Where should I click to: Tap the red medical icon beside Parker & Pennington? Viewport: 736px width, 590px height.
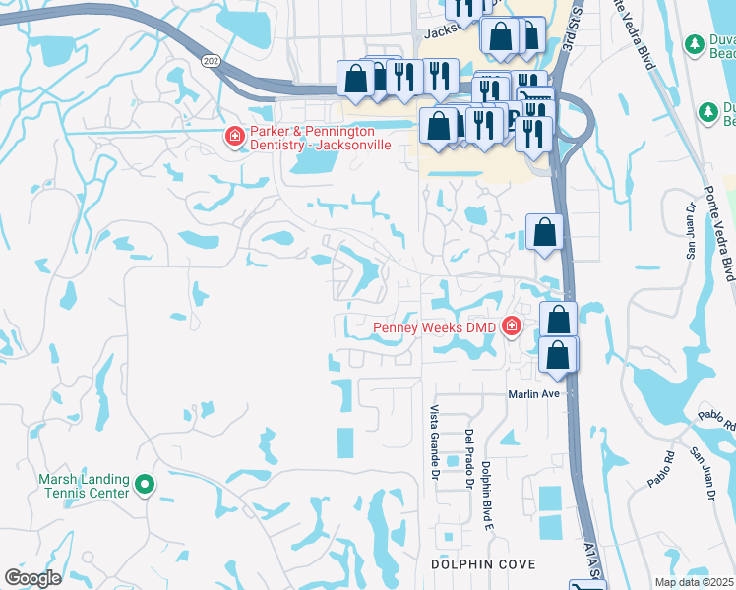click(x=234, y=136)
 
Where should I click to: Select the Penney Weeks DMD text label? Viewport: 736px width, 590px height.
click(x=434, y=326)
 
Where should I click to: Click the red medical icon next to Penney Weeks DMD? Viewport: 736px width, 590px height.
click(x=511, y=326)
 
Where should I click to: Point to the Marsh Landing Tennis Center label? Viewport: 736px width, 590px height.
click(x=84, y=485)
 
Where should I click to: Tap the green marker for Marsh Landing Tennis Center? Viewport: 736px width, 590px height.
click(x=145, y=484)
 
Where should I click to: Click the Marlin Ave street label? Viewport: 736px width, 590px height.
click(x=533, y=394)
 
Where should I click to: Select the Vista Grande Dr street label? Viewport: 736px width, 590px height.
click(x=433, y=443)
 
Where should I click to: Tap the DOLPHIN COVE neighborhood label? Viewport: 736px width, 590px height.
click(x=483, y=564)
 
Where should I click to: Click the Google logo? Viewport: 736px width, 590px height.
click(x=32, y=578)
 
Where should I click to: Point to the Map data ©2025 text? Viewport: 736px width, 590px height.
click(x=693, y=582)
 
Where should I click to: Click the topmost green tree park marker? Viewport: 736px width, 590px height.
click(x=692, y=45)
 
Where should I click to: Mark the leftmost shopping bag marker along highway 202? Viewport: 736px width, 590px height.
click(x=355, y=79)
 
